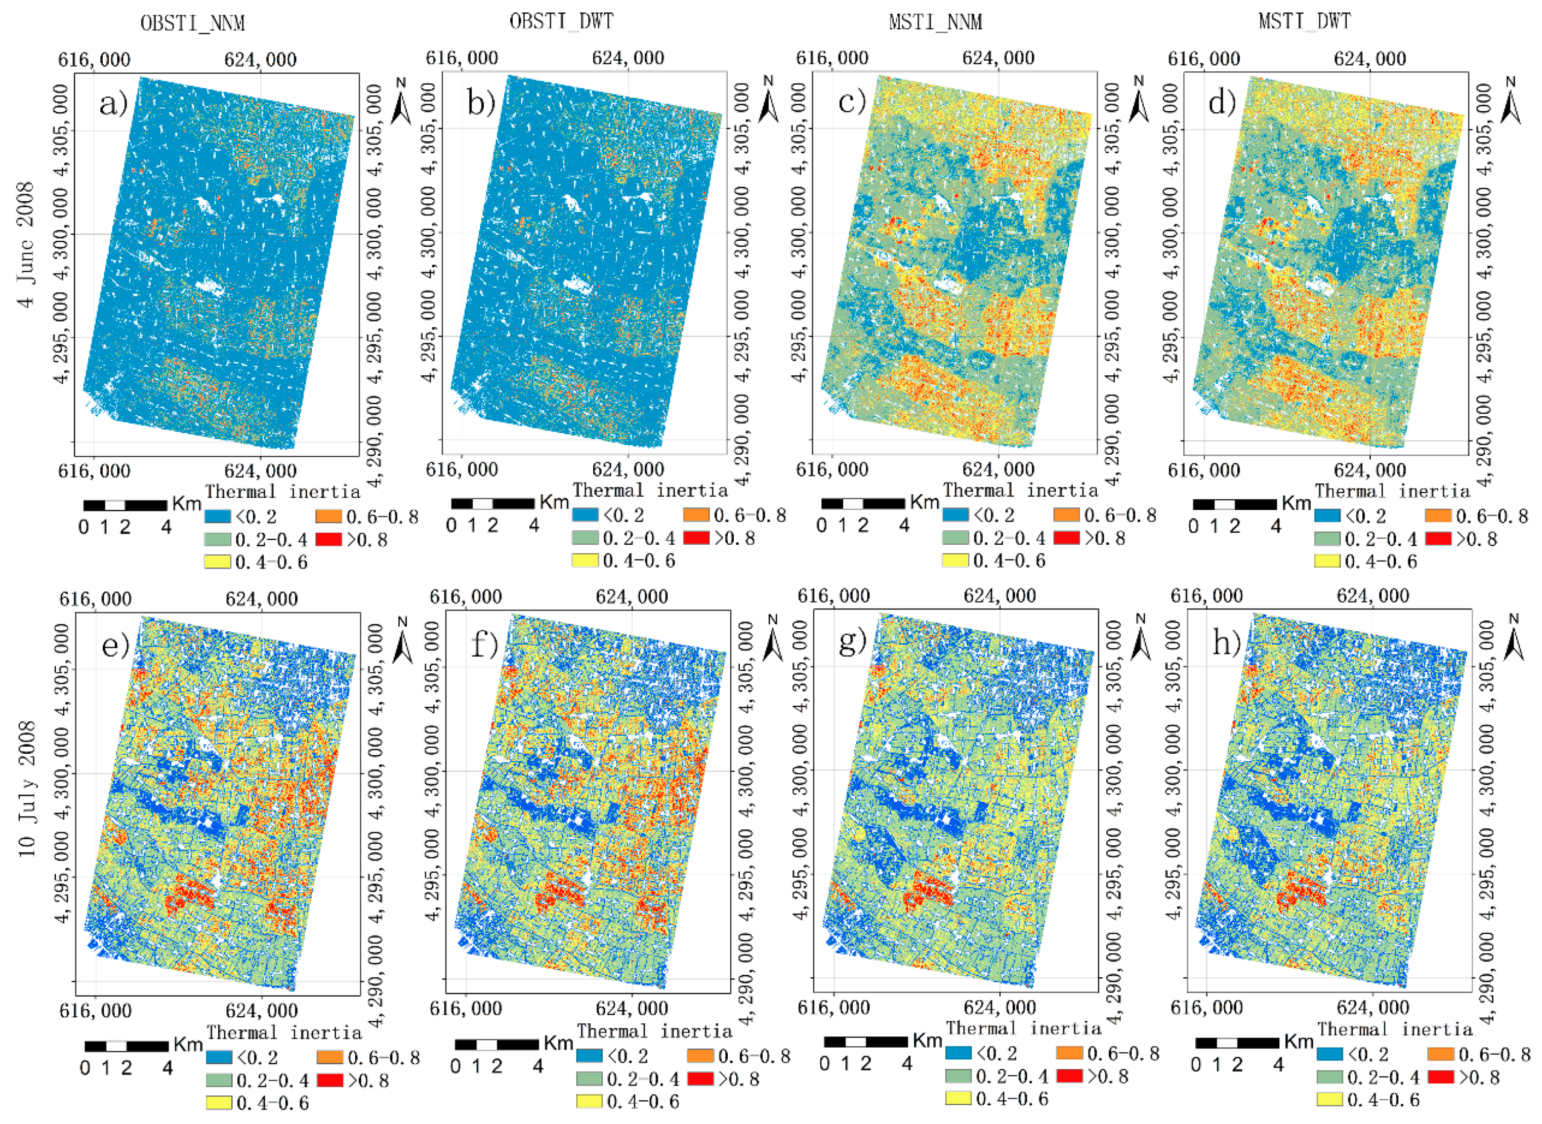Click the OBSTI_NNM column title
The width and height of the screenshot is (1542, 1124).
pos(193,23)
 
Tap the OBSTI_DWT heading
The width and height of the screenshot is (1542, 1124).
pos(561,22)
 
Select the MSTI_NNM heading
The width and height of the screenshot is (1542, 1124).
pos(935,22)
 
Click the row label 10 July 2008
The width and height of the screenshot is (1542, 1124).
pos(26,789)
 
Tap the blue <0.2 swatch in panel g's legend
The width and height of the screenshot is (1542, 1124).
pos(958,1053)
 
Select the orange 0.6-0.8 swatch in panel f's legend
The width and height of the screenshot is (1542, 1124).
pos(700,1056)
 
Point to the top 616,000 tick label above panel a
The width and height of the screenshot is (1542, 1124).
pos(94,60)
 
